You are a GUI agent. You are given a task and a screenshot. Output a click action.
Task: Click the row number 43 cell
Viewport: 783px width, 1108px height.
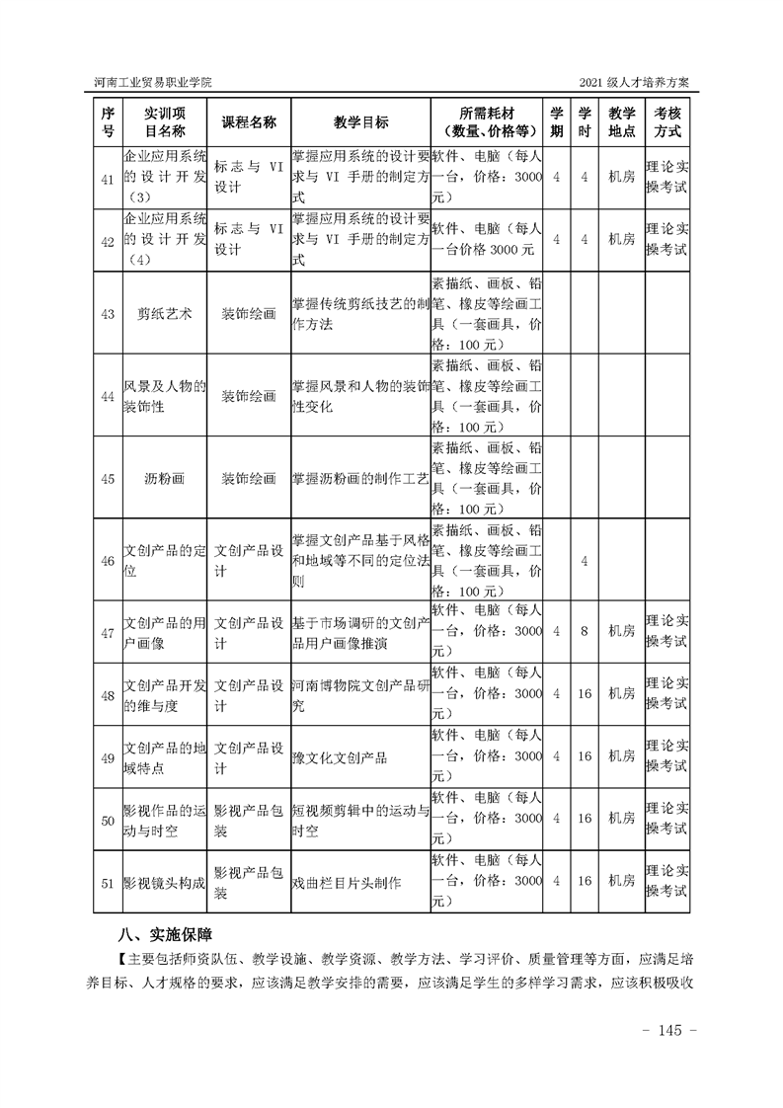click(x=109, y=313)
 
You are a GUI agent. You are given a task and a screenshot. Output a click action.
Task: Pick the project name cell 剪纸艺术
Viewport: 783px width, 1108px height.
click(x=165, y=313)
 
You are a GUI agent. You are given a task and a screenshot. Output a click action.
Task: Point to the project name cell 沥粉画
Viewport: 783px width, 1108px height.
click(x=165, y=478)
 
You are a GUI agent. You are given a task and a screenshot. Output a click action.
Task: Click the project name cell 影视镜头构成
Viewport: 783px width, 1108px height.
click(x=164, y=882)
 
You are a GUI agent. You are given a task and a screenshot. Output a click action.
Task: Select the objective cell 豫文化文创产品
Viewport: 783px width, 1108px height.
click(x=340, y=758)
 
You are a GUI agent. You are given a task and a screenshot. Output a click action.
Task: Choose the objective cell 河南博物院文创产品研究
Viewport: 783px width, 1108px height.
click(x=360, y=694)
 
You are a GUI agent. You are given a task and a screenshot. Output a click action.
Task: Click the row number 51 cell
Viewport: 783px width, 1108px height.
click(x=109, y=882)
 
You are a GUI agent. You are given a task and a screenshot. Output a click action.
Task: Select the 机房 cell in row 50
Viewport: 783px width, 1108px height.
click(x=621, y=819)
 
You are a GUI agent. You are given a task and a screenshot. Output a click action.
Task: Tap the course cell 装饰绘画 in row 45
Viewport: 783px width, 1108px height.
click(x=248, y=478)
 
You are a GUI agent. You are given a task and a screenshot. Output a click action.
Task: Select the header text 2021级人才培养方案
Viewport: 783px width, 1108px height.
click(x=640, y=80)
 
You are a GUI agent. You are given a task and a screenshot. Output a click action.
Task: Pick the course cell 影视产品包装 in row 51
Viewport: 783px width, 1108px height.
click(x=248, y=882)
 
